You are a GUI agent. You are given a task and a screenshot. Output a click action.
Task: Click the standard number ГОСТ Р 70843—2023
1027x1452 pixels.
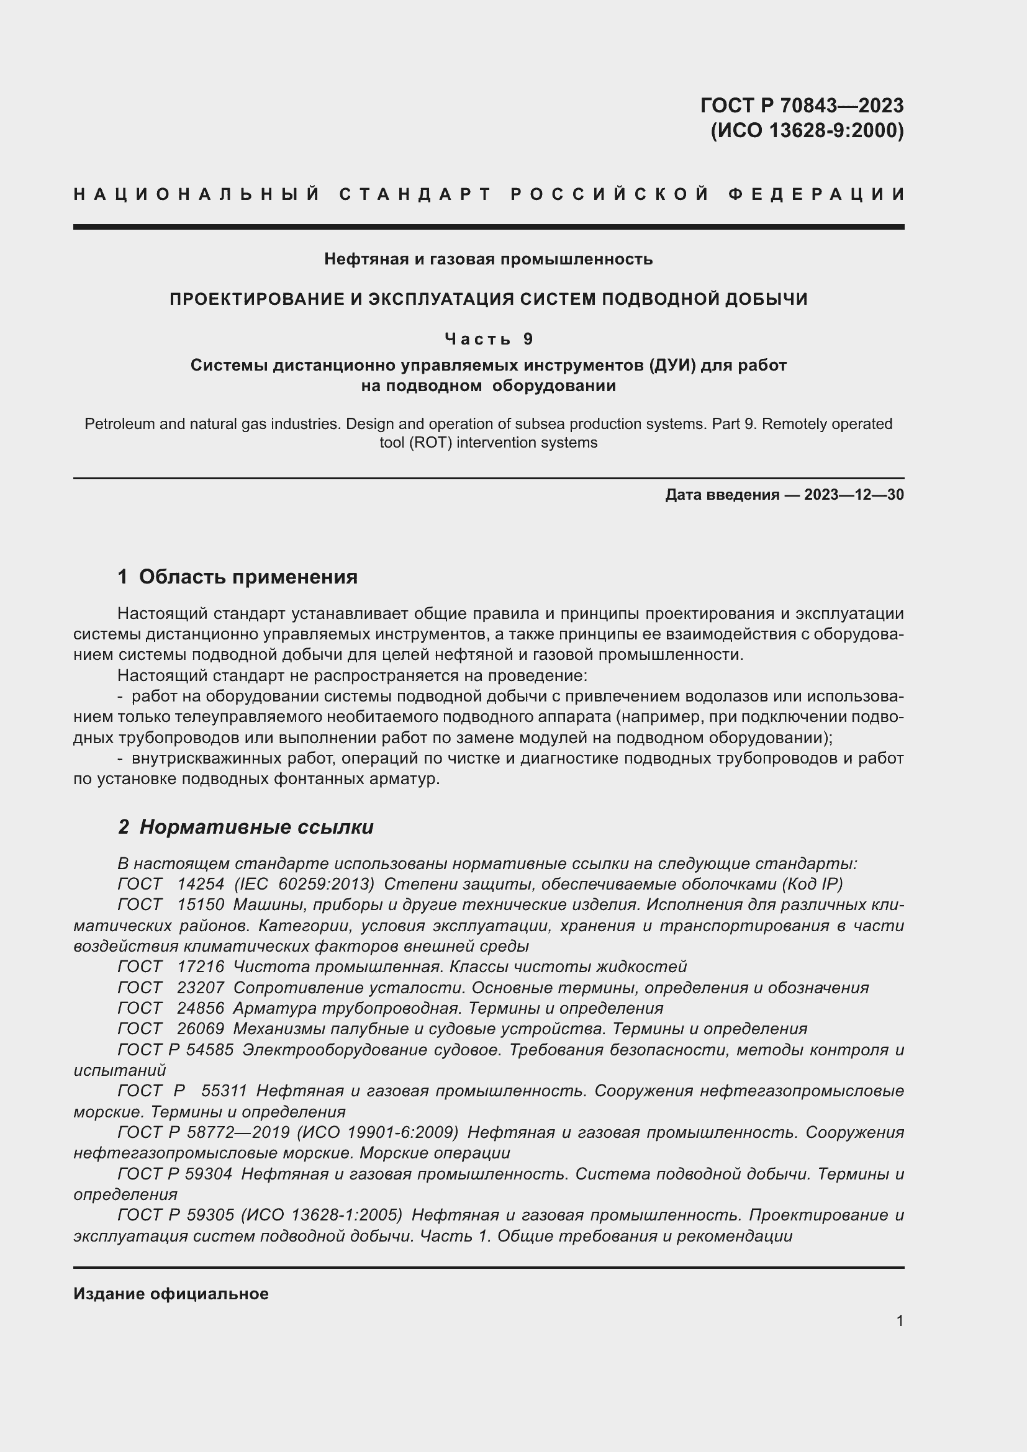coord(801,105)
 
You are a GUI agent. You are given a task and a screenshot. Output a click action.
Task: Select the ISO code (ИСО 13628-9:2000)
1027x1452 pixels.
coord(807,131)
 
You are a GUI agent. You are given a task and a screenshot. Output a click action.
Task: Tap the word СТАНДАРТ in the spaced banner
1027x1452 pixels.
coord(415,194)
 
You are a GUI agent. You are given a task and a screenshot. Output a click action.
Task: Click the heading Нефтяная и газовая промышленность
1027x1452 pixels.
coord(488,259)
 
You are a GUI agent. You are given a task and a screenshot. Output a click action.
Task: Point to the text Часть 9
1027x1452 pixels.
coord(489,339)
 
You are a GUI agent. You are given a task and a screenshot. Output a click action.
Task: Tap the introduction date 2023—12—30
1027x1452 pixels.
coord(854,495)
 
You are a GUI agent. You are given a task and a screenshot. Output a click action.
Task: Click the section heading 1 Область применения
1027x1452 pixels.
coord(238,577)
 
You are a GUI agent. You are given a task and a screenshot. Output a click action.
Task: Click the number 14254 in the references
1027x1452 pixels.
coord(201,884)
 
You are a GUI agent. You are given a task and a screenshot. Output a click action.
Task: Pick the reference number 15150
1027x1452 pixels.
coord(201,905)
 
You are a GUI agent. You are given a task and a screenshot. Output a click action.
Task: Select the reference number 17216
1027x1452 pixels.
coord(201,967)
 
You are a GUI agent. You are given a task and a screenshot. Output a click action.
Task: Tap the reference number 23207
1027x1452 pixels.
coord(201,988)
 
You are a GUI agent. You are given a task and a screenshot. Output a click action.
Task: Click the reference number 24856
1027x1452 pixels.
coord(201,1008)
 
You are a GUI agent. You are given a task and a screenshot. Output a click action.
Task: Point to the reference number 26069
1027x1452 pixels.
coord(201,1029)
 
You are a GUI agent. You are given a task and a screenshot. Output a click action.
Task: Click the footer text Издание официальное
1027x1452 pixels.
coord(171,1294)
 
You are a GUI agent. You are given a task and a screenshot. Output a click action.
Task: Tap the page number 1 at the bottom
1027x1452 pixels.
coord(900,1321)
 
